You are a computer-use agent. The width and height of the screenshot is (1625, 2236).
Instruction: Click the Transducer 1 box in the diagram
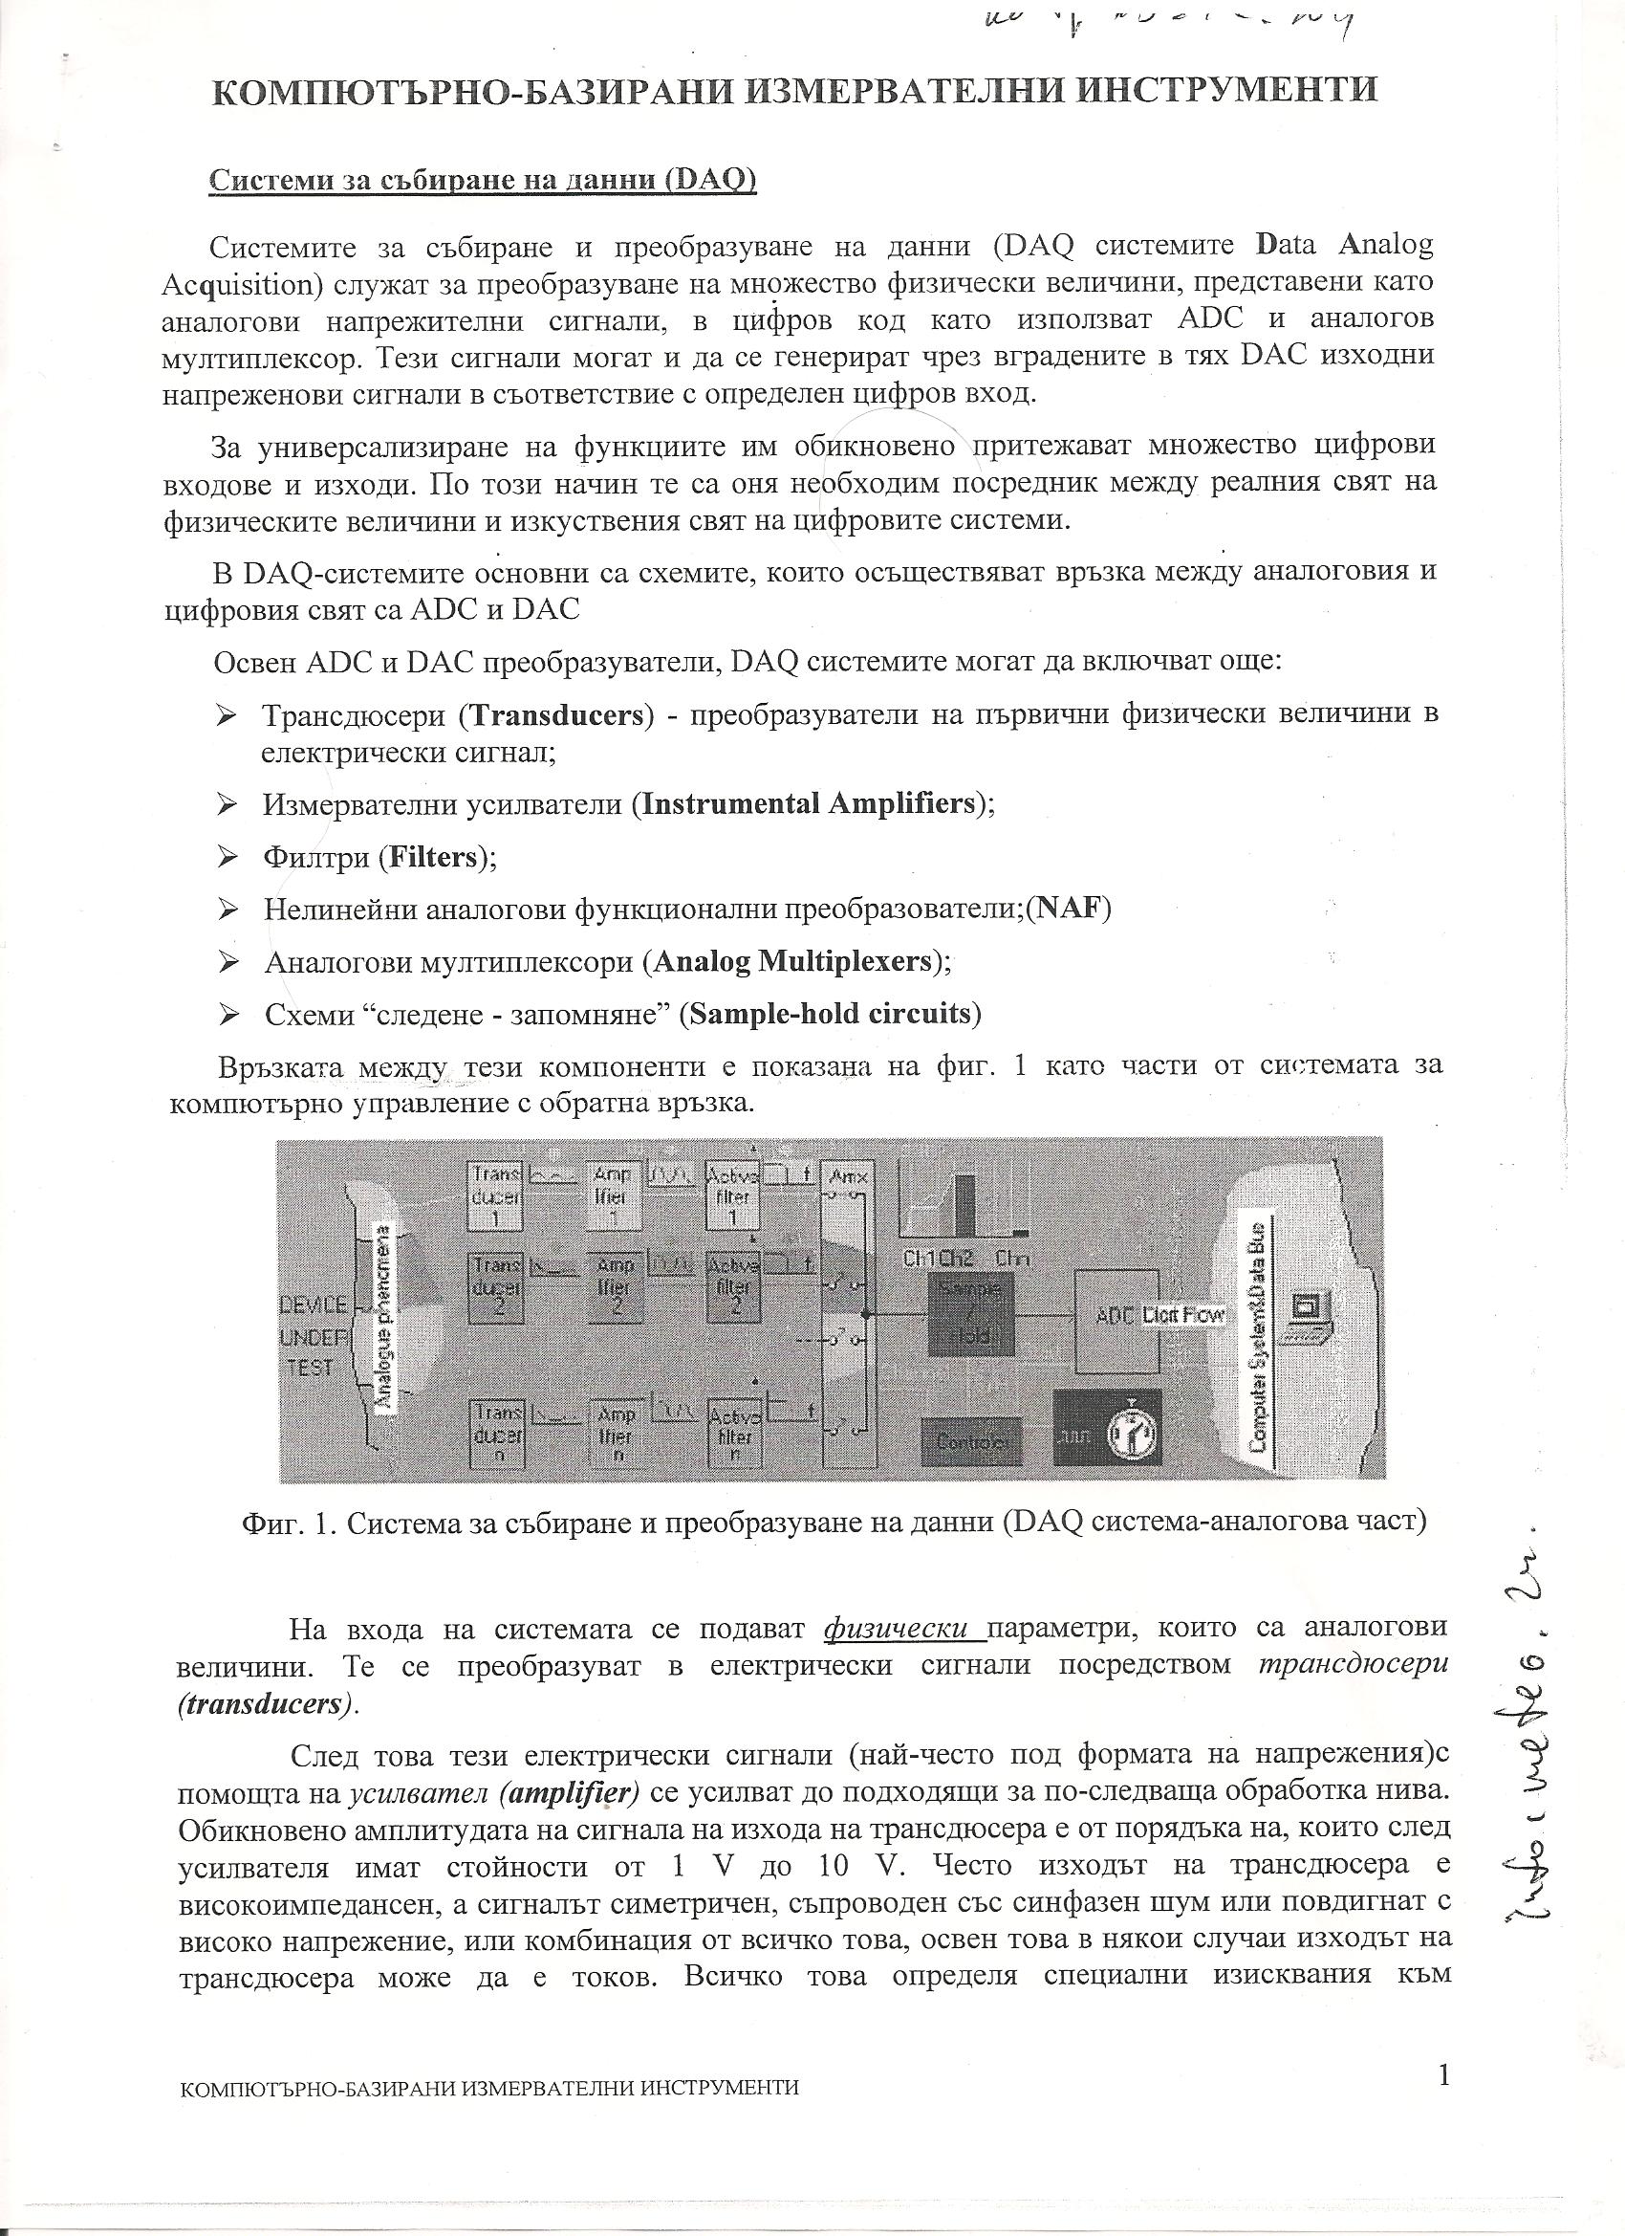[x=496, y=1194]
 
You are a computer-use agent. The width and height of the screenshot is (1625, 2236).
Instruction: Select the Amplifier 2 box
[x=615, y=1285]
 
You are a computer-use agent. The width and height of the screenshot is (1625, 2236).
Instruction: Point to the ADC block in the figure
[x=1115, y=1320]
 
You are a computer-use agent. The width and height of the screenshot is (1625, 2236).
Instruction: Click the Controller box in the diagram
[x=971, y=1441]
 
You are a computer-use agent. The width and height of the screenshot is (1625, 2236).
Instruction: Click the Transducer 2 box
[x=496, y=1285]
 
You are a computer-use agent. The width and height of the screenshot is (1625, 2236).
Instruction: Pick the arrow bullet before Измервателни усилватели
[x=228, y=804]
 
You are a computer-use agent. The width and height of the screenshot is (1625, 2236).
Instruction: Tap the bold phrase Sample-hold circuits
[x=831, y=1013]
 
